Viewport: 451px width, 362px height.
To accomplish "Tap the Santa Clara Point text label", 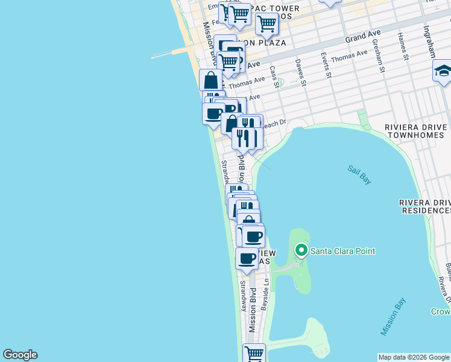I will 342,251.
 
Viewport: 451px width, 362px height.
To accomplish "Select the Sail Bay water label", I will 359,174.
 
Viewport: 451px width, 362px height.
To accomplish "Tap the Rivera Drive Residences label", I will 425,206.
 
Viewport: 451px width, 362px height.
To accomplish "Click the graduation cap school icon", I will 442,71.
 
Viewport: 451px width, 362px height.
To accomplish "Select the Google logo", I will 20,355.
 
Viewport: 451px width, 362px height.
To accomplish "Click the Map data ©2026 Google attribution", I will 414,357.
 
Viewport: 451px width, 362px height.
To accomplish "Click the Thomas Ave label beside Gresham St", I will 349,56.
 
